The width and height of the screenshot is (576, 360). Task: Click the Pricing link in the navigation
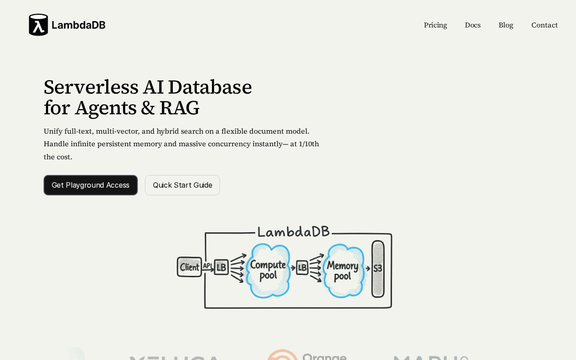(x=435, y=25)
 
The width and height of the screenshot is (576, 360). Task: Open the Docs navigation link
(x=472, y=25)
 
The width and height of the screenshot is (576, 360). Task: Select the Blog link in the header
(x=506, y=25)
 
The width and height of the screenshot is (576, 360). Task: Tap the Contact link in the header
(x=544, y=25)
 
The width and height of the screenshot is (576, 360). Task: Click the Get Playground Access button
(x=90, y=185)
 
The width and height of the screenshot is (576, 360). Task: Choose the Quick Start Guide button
(x=182, y=185)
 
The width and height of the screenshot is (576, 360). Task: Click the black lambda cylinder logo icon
(x=38, y=25)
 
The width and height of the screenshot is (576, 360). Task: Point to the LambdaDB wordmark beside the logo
(x=78, y=25)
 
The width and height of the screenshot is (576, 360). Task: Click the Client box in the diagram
(x=189, y=267)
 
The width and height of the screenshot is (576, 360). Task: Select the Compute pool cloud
(x=268, y=270)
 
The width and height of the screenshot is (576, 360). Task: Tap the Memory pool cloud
(x=342, y=270)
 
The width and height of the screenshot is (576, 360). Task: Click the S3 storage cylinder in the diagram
(x=378, y=269)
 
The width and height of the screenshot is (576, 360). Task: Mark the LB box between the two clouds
(x=302, y=268)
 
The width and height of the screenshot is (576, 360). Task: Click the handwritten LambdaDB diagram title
(x=293, y=232)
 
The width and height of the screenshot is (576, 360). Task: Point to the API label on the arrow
(x=207, y=265)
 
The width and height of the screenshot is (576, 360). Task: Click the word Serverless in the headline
(x=90, y=87)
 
